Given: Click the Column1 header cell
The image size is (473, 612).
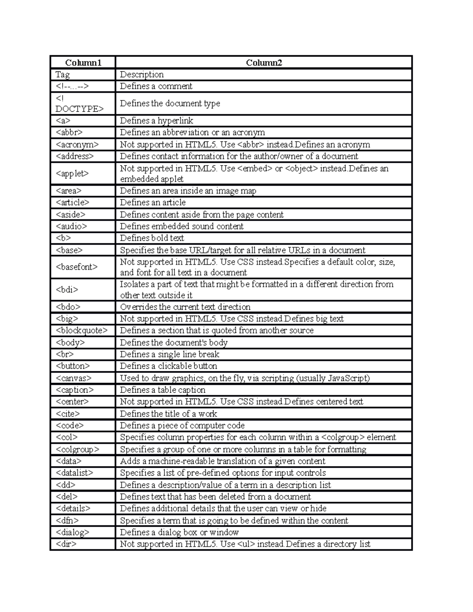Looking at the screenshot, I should tap(83, 63).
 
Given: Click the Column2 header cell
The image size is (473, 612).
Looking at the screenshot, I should tap(264, 63).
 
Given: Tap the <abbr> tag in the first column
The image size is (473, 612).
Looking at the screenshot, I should tap(69, 132).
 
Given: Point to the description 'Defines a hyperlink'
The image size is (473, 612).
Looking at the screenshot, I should tap(156, 121).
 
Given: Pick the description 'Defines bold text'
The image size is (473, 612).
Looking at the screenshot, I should tap(152, 238).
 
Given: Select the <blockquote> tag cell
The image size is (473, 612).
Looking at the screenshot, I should tap(82, 330).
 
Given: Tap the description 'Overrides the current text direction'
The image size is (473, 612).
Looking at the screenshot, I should tap(185, 307).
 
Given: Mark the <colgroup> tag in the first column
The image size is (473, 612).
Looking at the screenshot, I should tap(78, 449).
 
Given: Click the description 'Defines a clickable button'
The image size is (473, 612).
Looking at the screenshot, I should tap(168, 366).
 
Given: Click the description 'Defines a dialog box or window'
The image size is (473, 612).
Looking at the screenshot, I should tap(179, 532).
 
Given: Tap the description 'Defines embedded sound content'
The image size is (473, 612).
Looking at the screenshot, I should tap(182, 226).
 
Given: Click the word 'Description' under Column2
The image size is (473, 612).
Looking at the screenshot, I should tap(142, 74).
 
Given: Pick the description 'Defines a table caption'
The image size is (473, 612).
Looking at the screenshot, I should tap(162, 390).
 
